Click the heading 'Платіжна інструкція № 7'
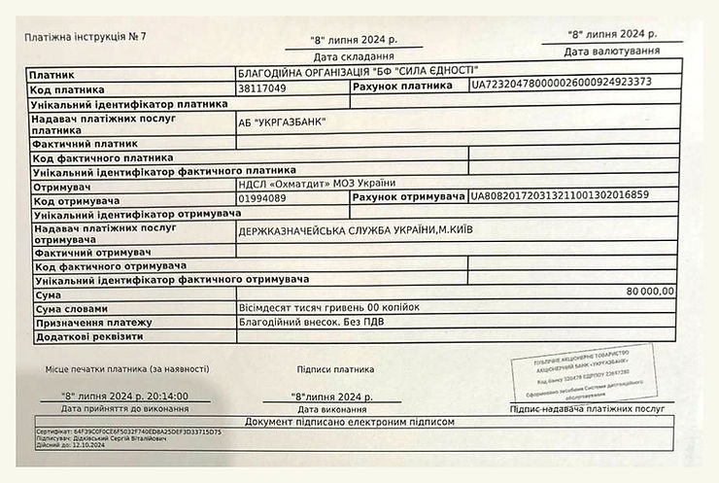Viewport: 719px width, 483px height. tap(85, 38)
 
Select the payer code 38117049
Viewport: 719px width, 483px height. tap(262, 88)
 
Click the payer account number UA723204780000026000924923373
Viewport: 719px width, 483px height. tap(562, 84)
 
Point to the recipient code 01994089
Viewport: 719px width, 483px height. tap(262, 198)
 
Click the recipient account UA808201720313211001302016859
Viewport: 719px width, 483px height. tap(559, 195)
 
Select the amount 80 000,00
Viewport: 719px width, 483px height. tap(650, 291)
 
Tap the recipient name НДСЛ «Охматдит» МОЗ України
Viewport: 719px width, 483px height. tap(317, 184)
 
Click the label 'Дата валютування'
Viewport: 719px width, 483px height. tap(612, 51)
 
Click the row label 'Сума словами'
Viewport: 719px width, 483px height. tap(73, 308)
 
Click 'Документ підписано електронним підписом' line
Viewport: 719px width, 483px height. tap(350, 423)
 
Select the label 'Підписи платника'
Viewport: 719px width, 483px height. tap(335, 369)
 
